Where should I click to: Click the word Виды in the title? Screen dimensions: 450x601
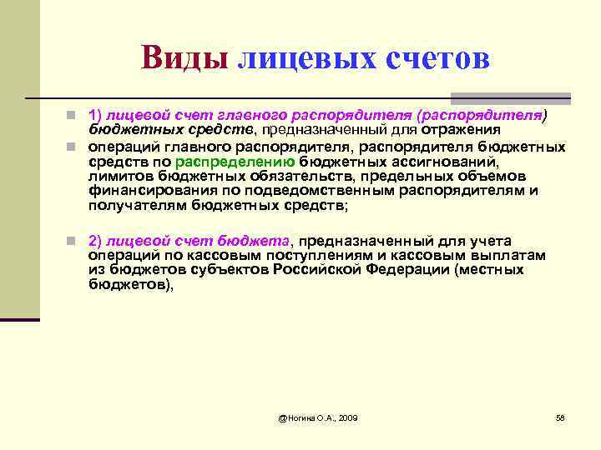pyautogui.click(x=184, y=57)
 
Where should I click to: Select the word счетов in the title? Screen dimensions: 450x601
pyautogui.click(x=438, y=57)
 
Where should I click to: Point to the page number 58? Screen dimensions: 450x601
pyautogui.click(x=560, y=417)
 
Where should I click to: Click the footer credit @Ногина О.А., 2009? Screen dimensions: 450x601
pyautogui.click(x=317, y=417)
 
